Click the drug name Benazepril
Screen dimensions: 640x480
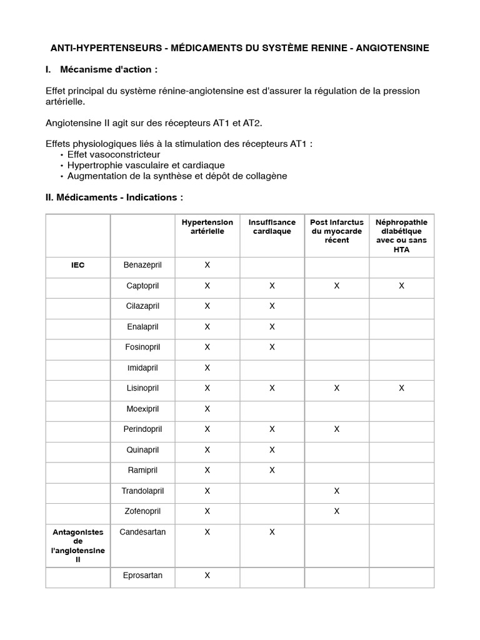pyautogui.click(x=142, y=265)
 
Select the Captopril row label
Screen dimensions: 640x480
pyautogui.click(x=142, y=286)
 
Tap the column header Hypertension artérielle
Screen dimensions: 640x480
pyautogui.click(x=207, y=227)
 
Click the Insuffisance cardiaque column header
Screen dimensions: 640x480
pyautogui.click(x=272, y=227)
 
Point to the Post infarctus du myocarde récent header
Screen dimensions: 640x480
pyautogui.click(x=336, y=231)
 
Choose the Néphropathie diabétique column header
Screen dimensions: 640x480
pyautogui.click(x=401, y=236)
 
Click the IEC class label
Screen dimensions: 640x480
pyautogui.click(x=77, y=265)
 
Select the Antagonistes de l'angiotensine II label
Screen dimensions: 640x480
pyautogui.click(x=77, y=546)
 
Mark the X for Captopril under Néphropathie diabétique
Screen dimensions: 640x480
pyautogui.click(x=401, y=286)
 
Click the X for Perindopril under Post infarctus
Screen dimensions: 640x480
pyautogui.click(x=336, y=429)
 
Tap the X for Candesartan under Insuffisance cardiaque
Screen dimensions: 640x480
pyautogui.click(x=272, y=532)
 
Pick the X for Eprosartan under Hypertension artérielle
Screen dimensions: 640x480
pyautogui.click(x=207, y=575)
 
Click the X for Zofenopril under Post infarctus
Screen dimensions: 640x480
pyautogui.click(x=336, y=511)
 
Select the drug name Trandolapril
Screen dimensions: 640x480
pyautogui.click(x=142, y=491)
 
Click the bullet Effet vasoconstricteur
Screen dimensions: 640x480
pyautogui.click(x=113, y=154)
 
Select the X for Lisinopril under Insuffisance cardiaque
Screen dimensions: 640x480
pyautogui.click(x=272, y=388)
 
